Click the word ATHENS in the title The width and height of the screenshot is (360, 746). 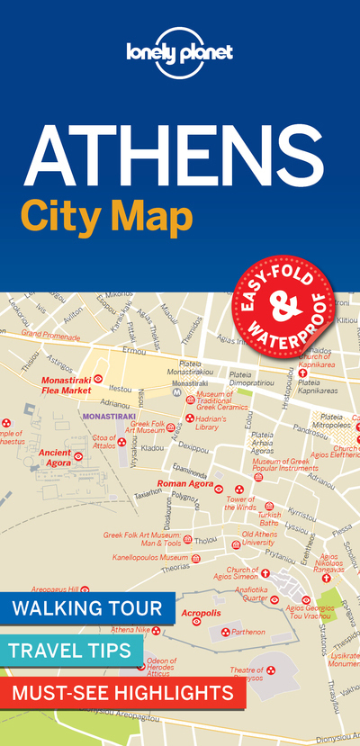pyautogui.click(x=179, y=154)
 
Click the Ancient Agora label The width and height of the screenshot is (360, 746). pyautogui.click(x=54, y=458)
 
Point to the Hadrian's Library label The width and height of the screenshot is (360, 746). pyautogui.click(x=220, y=423)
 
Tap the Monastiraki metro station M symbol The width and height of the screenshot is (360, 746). pyautogui.click(x=178, y=393)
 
